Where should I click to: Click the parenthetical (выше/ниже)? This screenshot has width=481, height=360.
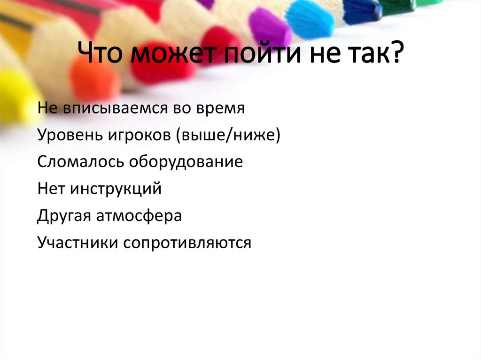click(229, 136)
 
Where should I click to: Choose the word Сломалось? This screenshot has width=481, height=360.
click(78, 162)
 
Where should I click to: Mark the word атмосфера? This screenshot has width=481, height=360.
click(140, 216)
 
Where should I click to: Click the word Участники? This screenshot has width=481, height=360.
click(78, 243)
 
